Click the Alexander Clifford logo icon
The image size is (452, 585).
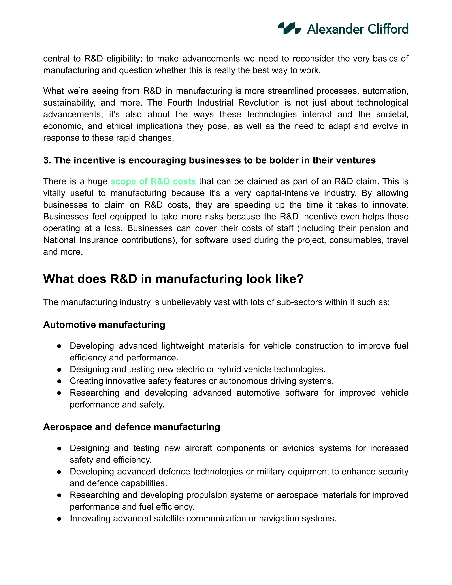click(x=289, y=28)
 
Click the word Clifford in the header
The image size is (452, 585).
click(x=388, y=29)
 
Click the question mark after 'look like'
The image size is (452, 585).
click(x=300, y=279)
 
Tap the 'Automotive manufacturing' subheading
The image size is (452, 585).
click(x=104, y=325)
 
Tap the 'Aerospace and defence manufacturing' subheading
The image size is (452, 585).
click(x=132, y=427)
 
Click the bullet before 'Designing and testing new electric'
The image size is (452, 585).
click(x=59, y=370)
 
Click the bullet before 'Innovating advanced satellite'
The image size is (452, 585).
click(x=59, y=519)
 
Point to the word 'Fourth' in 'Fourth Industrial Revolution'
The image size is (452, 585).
click(x=182, y=103)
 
